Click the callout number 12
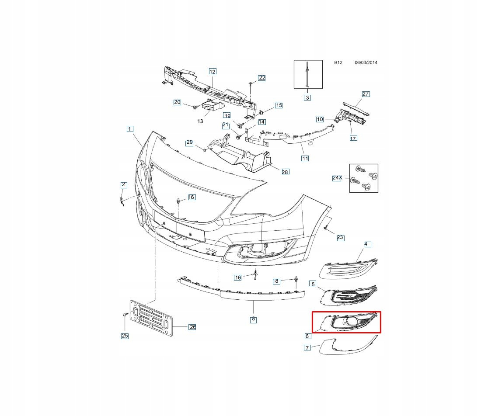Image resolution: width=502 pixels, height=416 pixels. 213,72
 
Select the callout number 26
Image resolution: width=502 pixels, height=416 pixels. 192,327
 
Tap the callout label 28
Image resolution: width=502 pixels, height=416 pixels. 285,172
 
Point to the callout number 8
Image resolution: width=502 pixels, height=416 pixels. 253,319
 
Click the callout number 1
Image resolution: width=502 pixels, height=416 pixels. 130,129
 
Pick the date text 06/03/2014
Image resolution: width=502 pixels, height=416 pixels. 366,62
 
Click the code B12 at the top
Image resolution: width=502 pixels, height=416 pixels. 338,62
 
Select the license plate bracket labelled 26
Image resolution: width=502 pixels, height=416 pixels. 151,319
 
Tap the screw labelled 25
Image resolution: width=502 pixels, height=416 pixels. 125,315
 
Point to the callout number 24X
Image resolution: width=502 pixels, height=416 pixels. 337,178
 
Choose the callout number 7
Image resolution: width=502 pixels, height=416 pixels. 307,348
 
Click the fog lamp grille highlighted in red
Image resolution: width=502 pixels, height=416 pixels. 350,322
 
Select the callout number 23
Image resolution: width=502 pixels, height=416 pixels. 340,238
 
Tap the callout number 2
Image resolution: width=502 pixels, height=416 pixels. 124,185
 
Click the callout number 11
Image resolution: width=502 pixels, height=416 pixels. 305,158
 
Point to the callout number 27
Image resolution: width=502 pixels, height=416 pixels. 366,94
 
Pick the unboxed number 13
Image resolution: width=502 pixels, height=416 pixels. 200,121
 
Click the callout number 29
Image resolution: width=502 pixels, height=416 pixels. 189,142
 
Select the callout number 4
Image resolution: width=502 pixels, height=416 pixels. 367,244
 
